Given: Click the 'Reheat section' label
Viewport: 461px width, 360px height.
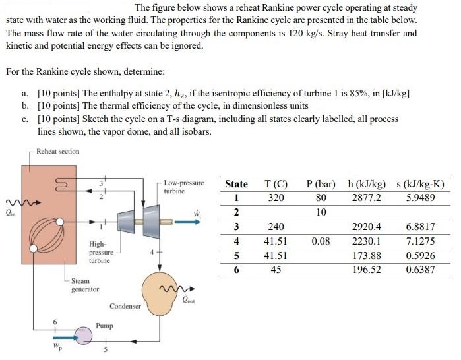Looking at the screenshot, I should point(58,152).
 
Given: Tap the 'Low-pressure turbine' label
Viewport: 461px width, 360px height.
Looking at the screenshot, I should point(183,187).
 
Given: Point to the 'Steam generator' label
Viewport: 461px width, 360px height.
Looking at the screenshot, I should point(84,285).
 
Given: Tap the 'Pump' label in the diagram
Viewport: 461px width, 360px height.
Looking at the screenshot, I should point(104,326).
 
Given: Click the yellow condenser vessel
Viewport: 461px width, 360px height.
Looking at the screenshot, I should point(157,288).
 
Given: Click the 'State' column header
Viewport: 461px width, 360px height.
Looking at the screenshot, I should point(236,184).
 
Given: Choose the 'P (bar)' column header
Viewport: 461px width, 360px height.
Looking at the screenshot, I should point(321,184).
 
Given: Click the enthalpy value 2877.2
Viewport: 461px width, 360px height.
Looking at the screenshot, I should point(367,197).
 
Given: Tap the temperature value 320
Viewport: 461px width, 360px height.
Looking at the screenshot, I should point(276,197).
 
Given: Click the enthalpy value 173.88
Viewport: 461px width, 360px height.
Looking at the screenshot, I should point(367,255).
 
